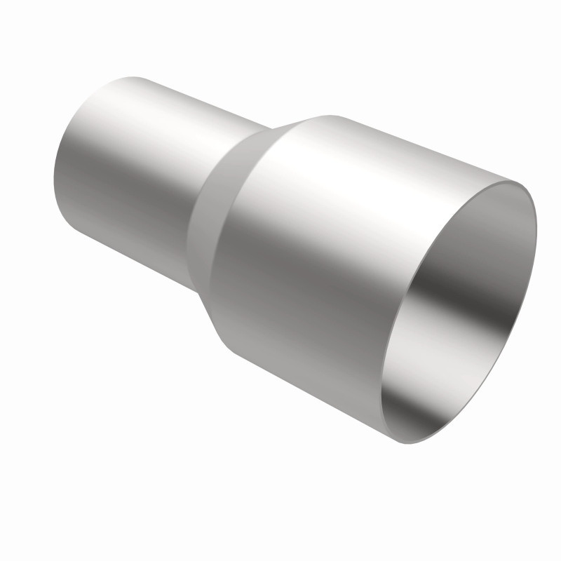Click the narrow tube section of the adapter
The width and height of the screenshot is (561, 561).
126,175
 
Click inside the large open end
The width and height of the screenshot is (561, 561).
456,316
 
